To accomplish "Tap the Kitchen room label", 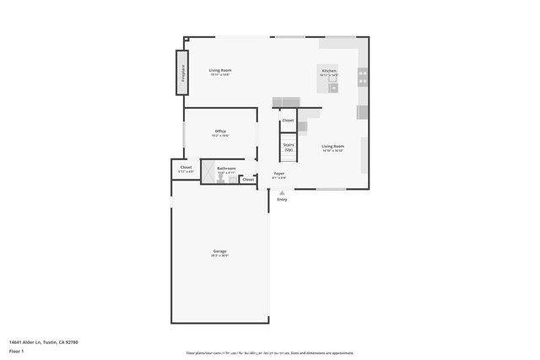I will pos(329,71).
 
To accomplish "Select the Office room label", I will pos(220,132).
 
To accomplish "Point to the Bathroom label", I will pos(226,169).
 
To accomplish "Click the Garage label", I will pos(219,251).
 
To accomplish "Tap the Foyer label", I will pos(278,174).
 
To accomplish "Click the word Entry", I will pos(282,200).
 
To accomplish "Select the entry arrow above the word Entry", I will pos(282,193).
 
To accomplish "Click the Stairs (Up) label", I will pos(289,147).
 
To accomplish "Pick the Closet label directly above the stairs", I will pos(288,121).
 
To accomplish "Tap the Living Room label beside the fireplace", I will pos(220,70).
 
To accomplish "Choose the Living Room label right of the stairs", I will pos(332,147).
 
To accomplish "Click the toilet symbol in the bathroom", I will pos(221,180).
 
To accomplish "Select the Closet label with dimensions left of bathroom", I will pos(186,168).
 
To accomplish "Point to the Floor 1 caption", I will pos(16,352).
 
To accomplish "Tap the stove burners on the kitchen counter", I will pos(363,78).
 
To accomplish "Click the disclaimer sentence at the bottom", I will pos(270,353).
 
